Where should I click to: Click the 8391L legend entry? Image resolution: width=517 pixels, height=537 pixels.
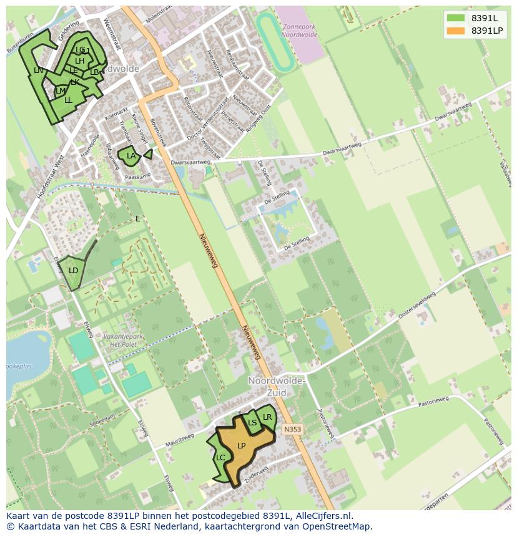tap(475, 18)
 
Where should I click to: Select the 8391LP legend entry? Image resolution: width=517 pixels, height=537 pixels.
tap(475, 31)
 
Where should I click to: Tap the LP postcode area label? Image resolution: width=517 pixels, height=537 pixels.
tap(242, 445)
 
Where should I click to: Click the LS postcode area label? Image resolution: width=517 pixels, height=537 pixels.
tap(252, 422)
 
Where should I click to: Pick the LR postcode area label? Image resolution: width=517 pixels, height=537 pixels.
tap(267, 417)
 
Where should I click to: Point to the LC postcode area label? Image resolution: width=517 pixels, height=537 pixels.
tap(220, 458)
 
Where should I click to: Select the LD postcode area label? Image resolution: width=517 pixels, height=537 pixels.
tap(74, 271)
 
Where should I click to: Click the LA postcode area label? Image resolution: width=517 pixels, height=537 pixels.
tap(131, 155)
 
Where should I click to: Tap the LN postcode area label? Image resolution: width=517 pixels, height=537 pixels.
tap(39, 70)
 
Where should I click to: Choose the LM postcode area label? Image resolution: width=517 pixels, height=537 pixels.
tap(61, 91)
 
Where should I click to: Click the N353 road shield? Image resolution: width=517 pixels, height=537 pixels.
tap(292, 430)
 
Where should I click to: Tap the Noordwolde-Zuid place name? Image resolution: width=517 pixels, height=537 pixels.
tap(276, 387)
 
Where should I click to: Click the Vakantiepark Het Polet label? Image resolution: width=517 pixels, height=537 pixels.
tap(123, 339)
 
